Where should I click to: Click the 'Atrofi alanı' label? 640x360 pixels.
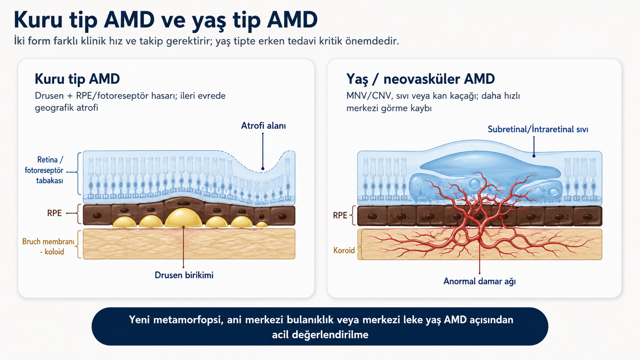(x=263, y=125)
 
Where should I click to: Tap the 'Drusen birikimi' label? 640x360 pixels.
(x=184, y=275)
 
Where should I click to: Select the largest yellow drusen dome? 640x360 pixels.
(x=183, y=218)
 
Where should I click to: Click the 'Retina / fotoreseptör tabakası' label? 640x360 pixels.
(x=44, y=170)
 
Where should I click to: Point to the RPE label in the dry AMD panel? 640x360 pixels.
(x=54, y=213)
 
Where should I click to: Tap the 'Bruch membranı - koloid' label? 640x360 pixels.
(x=48, y=247)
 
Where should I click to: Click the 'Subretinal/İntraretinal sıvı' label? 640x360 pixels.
(x=538, y=129)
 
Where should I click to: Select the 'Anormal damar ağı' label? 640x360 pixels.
(x=480, y=282)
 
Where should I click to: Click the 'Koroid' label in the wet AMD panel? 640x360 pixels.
(x=344, y=250)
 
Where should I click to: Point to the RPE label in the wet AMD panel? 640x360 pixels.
(x=340, y=215)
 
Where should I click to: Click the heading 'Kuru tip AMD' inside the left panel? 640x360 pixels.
(x=77, y=79)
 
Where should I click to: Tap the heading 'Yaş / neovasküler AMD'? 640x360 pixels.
(x=420, y=79)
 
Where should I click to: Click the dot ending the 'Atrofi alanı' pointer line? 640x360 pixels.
(x=263, y=168)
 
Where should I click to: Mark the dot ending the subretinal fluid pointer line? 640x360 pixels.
(x=534, y=156)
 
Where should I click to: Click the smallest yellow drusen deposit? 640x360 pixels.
(x=261, y=225)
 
